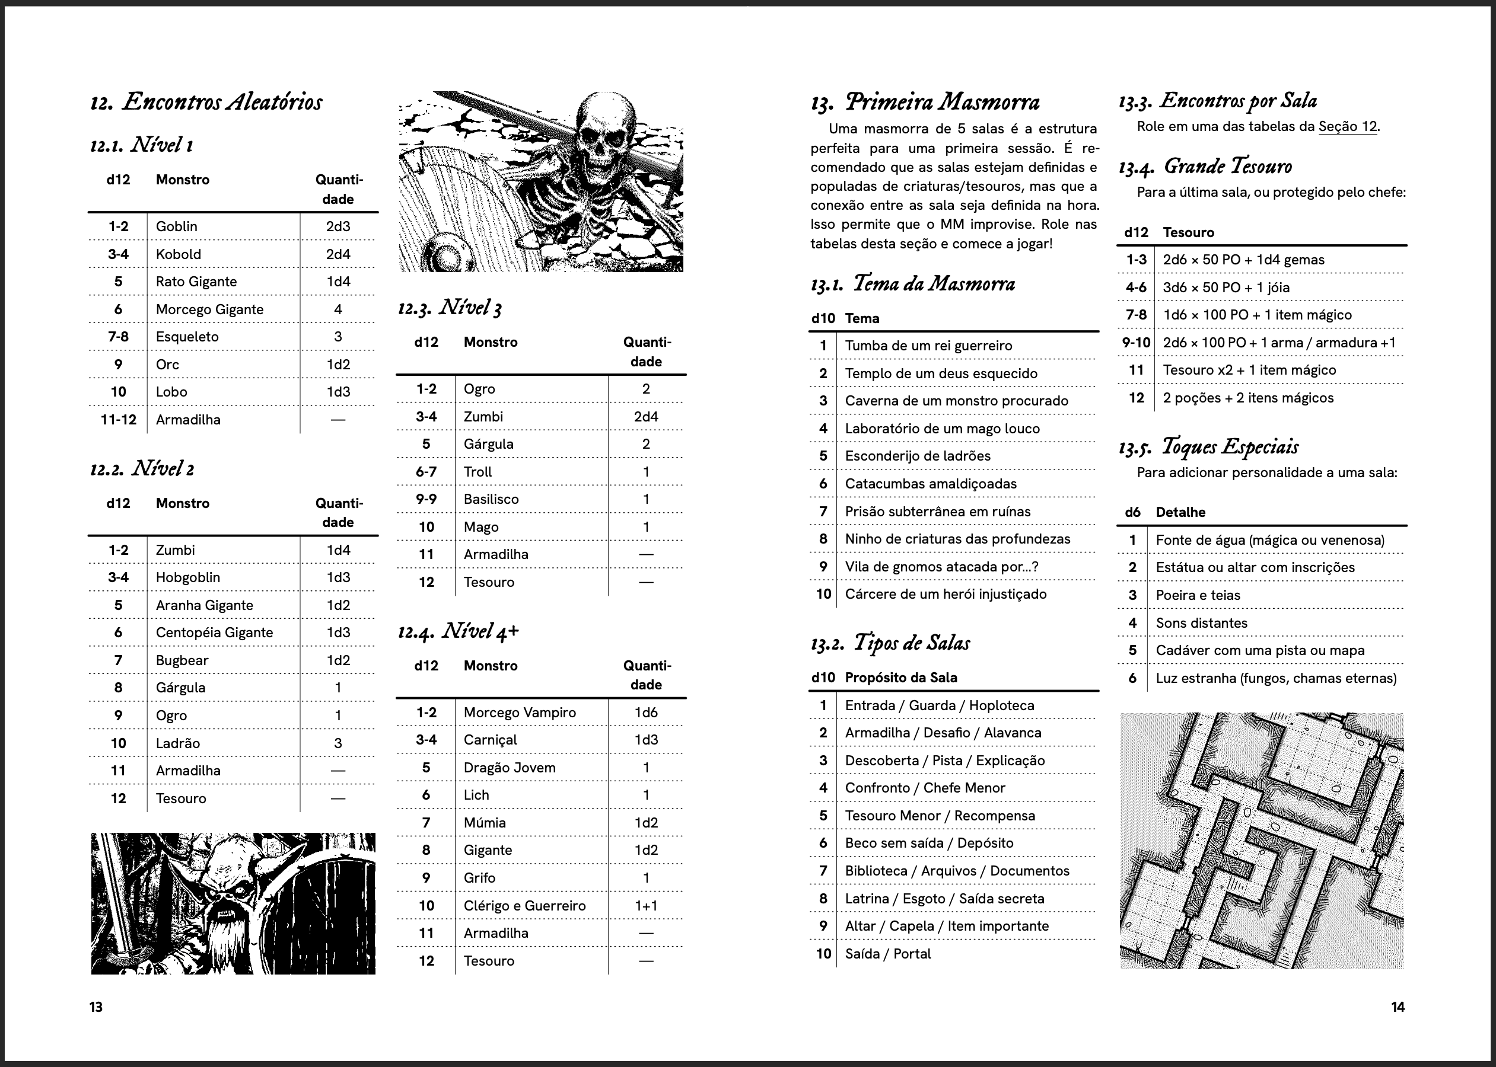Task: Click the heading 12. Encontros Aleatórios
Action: tap(206, 102)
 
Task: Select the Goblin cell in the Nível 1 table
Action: tap(176, 226)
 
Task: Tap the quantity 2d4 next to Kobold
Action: tap(338, 254)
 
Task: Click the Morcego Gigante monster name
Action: tap(209, 309)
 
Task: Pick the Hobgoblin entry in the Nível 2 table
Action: tap(188, 577)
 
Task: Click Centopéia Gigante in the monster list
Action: tap(214, 632)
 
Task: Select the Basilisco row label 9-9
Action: tap(426, 499)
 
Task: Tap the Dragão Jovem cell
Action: tap(510, 768)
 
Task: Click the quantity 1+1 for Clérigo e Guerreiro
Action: tap(645, 905)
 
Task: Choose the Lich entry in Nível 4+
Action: tap(476, 795)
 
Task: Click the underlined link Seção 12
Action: tap(1348, 127)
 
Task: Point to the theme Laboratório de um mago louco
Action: tap(942, 429)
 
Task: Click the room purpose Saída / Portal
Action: tap(887, 954)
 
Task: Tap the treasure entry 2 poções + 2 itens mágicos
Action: tap(1247, 398)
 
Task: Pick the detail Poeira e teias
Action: tap(1198, 595)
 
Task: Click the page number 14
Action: tap(1398, 1007)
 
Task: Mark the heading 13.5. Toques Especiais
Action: tap(1209, 447)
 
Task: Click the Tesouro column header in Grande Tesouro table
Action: tap(1188, 232)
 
